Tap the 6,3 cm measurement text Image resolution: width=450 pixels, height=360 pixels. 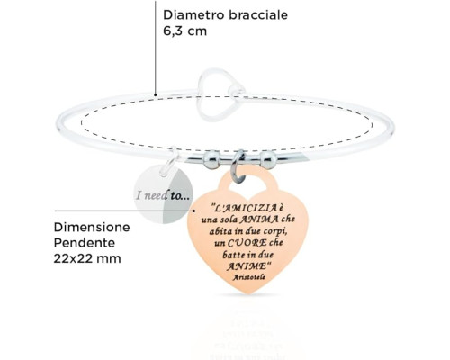[x=185, y=31]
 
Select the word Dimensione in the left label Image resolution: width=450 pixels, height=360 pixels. [x=92, y=228]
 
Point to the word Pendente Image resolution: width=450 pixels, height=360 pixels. [x=85, y=243]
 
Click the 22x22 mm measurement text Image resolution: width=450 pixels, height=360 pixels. [x=87, y=258]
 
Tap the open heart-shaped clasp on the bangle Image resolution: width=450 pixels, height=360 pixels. [x=220, y=94]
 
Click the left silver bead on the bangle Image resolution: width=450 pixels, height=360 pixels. [x=211, y=159]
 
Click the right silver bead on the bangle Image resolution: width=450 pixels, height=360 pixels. [x=268, y=159]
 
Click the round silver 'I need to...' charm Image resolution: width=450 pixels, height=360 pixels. [x=163, y=194]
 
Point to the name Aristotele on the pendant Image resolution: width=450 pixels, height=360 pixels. [x=249, y=277]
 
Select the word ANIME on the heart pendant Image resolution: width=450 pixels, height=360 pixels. [x=246, y=265]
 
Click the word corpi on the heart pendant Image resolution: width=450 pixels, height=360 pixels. [x=273, y=231]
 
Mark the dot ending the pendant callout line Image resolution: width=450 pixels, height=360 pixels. [x=194, y=211]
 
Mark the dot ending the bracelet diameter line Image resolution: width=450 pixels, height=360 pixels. [x=156, y=94]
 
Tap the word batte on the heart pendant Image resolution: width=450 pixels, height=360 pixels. [x=232, y=255]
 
